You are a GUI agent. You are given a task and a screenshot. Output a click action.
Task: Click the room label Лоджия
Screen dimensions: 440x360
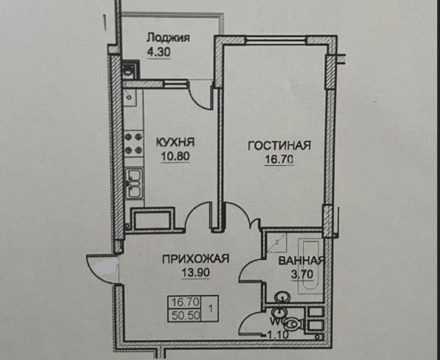click(x=168, y=38)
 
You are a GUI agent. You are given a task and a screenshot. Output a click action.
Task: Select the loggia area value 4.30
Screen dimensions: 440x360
click(x=158, y=52)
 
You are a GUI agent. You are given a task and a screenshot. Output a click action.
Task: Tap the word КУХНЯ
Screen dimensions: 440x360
click(x=175, y=142)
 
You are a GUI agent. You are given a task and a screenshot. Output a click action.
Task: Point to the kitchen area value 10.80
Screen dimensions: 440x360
click(x=175, y=157)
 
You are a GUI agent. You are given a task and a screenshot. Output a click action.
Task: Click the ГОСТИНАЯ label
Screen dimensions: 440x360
click(x=279, y=146)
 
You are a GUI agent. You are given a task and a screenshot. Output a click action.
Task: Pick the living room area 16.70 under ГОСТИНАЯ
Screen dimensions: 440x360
click(x=279, y=160)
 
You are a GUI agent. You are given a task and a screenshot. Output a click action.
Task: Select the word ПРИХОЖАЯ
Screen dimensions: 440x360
click(x=195, y=258)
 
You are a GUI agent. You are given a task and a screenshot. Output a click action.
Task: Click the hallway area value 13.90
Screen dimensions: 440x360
click(x=195, y=272)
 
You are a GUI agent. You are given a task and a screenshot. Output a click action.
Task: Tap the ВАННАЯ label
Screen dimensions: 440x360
click(x=301, y=261)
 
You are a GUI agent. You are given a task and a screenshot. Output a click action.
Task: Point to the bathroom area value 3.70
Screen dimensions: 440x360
click(x=302, y=274)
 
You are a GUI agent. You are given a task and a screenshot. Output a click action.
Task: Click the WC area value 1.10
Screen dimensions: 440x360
click(x=277, y=335)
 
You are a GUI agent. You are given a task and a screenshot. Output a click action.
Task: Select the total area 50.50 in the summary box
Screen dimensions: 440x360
click(x=186, y=316)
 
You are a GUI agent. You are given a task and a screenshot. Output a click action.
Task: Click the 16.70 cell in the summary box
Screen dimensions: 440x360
click(x=186, y=302)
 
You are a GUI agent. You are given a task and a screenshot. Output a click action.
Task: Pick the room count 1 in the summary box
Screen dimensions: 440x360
click(x=211, y=308)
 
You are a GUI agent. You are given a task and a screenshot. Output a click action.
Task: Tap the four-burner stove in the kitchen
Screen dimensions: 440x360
click(x=133, y=144)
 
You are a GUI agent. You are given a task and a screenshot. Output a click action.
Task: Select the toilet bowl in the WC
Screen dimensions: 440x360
click(x=293, y=325)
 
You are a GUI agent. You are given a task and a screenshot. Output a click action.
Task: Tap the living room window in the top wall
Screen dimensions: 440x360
click(x=276, y=40)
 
